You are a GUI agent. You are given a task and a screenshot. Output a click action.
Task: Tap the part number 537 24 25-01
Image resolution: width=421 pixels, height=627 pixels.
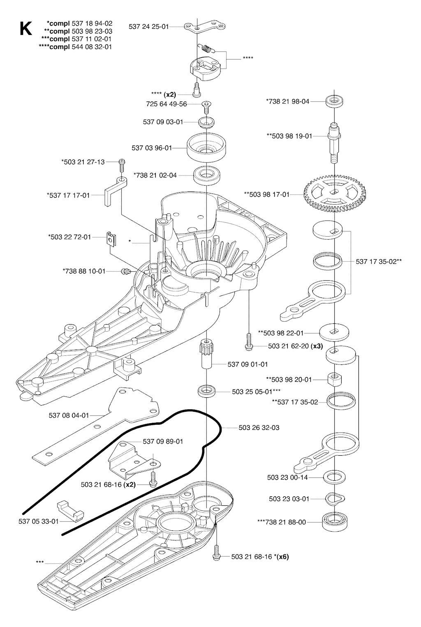[148, 26]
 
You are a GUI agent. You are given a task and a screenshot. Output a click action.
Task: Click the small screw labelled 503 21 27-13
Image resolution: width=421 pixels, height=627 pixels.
[122, 162]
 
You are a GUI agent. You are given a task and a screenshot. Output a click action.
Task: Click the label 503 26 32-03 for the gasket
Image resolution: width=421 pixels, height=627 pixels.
[259, 428]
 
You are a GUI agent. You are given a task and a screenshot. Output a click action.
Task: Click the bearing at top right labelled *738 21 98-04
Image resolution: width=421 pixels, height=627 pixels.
[335, 100]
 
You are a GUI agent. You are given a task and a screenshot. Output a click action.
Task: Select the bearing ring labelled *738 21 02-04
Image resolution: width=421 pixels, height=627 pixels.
[205, 175]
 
